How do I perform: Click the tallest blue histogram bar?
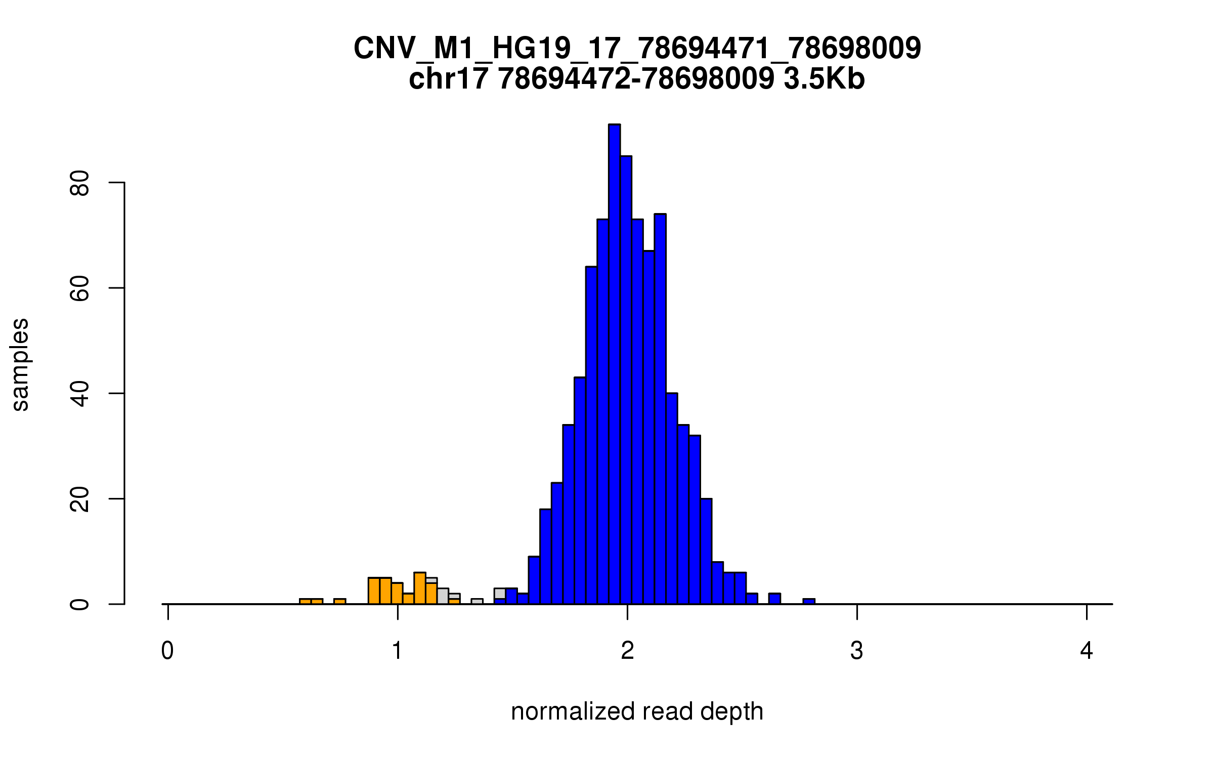click(614, 364)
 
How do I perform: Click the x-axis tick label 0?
click(167, 651)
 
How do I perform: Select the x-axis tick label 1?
click(397, 651)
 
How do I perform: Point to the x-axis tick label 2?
click(627, 651)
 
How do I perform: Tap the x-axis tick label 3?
click(857, 651)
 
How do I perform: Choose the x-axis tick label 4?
click(1087, 651)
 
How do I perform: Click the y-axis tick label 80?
click(80, 183)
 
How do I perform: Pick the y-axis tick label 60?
click(80, 288)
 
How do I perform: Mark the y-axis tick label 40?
click(80, 394)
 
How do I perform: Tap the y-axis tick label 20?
click(80, 499)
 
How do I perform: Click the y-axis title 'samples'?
click(20, 364)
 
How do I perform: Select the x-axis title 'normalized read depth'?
click(637, 711)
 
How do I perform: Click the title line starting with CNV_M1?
click(637, 49)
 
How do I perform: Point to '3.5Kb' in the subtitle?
click(824, 79)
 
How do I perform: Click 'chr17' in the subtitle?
click(449, 79)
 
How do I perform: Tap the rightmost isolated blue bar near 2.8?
click(809, 601)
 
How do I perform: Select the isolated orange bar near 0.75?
click(339, 601)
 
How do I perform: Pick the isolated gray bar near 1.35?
click(477, 601)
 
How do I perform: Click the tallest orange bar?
click(420, 588)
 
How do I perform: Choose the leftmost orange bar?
click(305, 601)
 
